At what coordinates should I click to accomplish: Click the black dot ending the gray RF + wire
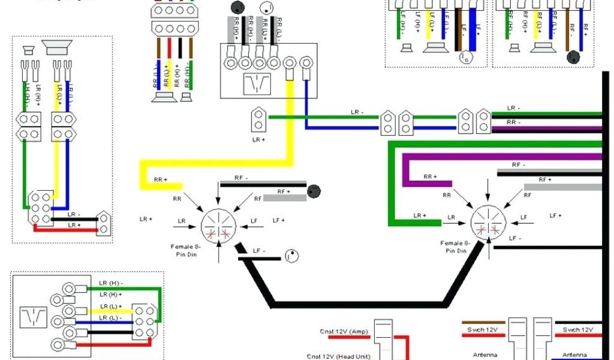[313, 192]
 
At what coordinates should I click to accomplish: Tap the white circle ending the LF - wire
[291, 256]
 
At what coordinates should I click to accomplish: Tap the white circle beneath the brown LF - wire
[465, 58]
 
